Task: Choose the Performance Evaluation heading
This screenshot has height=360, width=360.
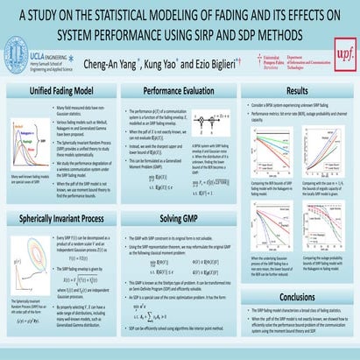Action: (x=180, y=90)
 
